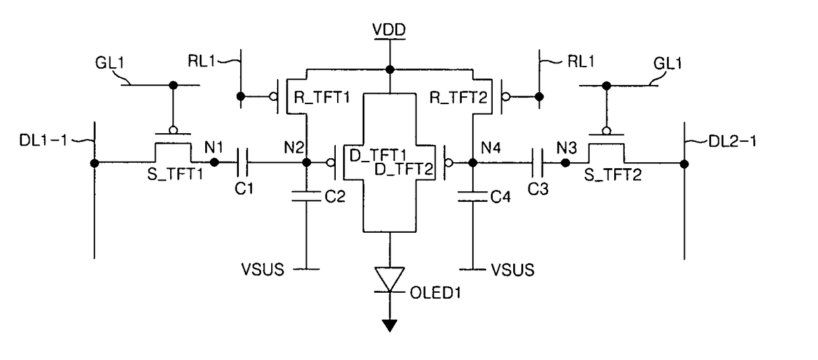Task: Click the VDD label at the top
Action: [x=389, y=30]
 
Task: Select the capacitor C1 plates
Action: [x=242, y=162]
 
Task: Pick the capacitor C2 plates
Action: [x=307, y=196]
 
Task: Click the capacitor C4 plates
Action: [x=473, y=196]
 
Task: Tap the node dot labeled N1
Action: [x=214, y=162]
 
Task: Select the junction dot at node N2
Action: [x=307, y=162]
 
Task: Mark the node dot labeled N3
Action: [x=565, y=163]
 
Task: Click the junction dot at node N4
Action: [x=473, y=162]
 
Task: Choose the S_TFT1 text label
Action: [x=175, y=174]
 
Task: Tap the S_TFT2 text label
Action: [x=613, y=175]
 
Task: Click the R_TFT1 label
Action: [x=322, y=98]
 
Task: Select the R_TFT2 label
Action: [x=458, y=98]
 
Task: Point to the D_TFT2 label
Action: [x=404, y=169]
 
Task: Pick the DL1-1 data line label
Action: [x=43, y=140]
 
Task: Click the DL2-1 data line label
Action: [x=732, y=141]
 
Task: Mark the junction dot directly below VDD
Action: [x=390, y=69]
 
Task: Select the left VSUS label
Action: [x=263, y=270]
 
